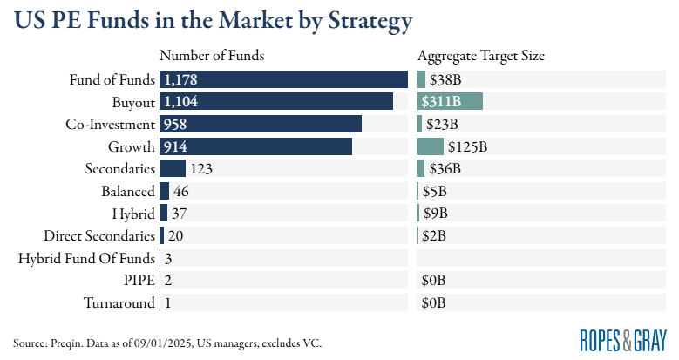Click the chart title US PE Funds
tap(214, 20)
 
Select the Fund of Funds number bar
tap(283, 79)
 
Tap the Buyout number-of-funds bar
tap(275, 101)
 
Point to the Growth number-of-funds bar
tap(255, 146)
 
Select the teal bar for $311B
tap(450, 101)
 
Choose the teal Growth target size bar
tap(431, 146)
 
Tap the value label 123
tap(202, 168)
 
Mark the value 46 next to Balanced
tap(181, 191)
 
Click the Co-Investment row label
tap(111, 124)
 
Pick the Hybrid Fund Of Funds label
tap(86, 258)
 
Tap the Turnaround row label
tap(119, 303)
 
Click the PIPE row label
tap(139, 281)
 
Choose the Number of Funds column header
tap(212, 57)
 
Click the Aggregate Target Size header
tap(481, 57)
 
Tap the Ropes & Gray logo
tap(623, 339)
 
